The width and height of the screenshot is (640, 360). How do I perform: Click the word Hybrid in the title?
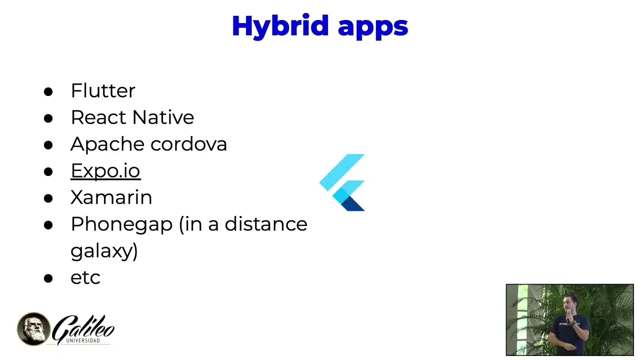(x=280, y=26)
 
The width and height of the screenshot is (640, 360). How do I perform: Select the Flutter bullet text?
(x=103, y=90)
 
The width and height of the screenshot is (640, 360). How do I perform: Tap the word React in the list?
(x=98, y=117)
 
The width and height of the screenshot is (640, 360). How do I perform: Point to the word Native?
(x=163, y=117)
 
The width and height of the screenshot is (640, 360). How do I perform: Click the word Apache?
(x=107, y=144)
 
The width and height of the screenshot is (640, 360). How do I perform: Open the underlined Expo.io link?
(x=105, y=171)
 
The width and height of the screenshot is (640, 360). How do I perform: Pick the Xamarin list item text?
(x=111, y=197)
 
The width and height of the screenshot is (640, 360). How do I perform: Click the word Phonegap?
(x=121, y=225)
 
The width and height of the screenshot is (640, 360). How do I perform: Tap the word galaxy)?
(x=104, y=251)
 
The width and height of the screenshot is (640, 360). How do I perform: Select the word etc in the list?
(x=85, y=277)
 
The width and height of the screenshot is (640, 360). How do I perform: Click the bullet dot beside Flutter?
(x=48, y=91)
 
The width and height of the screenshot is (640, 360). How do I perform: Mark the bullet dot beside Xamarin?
(x=48, y=198)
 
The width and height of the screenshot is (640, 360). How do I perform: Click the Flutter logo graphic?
(x=342, y=182)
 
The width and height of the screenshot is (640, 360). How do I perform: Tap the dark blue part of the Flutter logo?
(x=353, y=204)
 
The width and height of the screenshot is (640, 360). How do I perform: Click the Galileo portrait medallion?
(x=33, y=329)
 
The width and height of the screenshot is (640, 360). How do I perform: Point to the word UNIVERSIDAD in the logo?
(x=83, y=340)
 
